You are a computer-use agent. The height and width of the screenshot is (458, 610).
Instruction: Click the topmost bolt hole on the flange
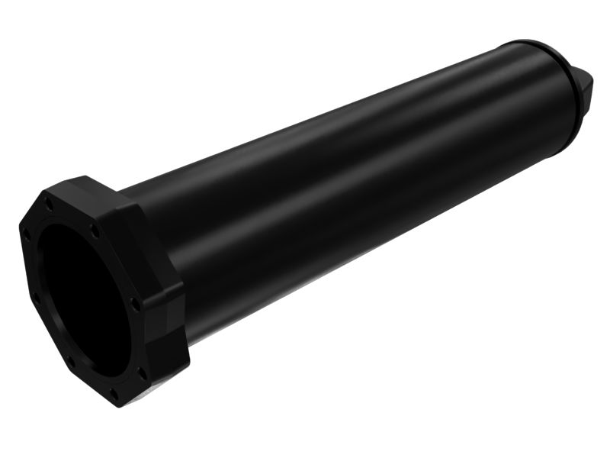point(49,205)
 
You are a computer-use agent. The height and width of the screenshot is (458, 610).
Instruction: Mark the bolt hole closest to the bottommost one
point(142,373)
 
